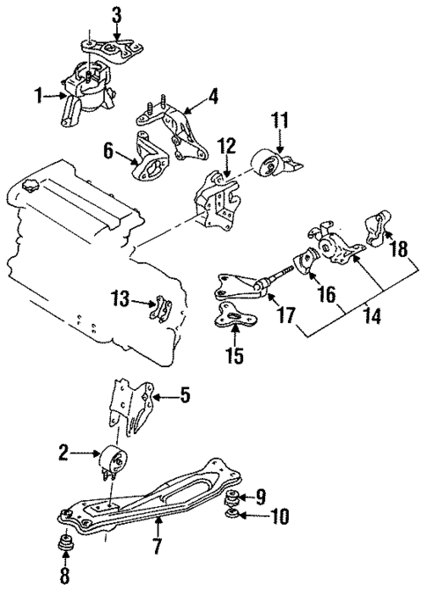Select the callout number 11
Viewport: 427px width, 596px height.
point(279,119)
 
